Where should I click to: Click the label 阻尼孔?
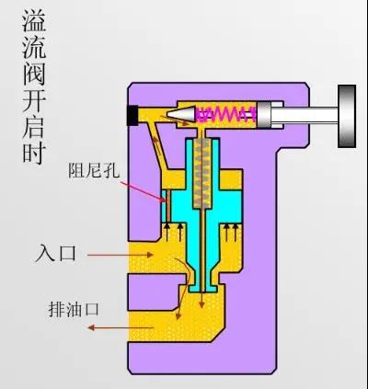(x=94, y=170)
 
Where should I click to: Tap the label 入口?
(x=56, y=254)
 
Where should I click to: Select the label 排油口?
(x=74, y=309)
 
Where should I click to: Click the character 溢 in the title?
(x=34, y=20)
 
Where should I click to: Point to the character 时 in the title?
(x=34, y=153)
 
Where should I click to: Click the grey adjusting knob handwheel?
(x=347, y=116)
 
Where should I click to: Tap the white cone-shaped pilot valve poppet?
(x=181, y=114)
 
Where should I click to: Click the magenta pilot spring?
(x=226, y=114)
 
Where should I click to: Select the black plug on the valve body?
(x=132, y=115)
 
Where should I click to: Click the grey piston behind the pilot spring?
(x=264, y=114)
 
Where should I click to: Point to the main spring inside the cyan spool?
(x=202, y=174)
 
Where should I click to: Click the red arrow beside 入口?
(x=121, y=255)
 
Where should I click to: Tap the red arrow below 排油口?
(x=121, y=327)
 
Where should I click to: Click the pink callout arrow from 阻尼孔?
(x=142, y=191)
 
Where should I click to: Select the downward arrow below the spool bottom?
(x=201, y=298)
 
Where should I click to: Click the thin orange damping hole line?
(x=167, y=206)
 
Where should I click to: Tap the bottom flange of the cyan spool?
(x=203, y=288)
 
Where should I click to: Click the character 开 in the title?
(x=34, y=100)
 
